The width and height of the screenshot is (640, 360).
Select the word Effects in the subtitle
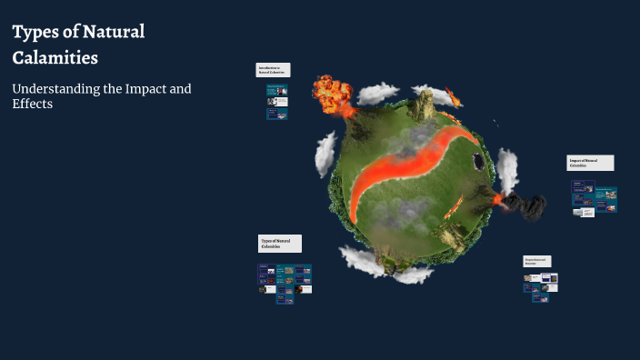33,104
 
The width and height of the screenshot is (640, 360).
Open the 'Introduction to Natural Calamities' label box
273,70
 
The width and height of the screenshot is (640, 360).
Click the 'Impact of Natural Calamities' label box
590,163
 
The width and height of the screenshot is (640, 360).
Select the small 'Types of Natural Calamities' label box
280,244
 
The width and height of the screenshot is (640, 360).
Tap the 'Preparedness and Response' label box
538,261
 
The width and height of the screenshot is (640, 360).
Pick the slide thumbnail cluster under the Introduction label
277,102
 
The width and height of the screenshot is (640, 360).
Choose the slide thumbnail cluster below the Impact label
594,198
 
